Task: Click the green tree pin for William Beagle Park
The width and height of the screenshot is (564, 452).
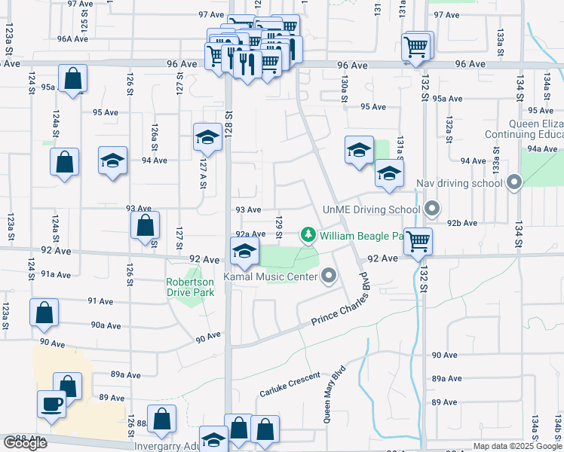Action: (308, 235)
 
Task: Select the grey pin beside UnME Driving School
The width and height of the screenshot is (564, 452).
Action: (432, 208)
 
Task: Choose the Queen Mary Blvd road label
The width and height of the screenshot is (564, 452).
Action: (335, 394)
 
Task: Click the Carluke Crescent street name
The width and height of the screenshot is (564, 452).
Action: (290, 385)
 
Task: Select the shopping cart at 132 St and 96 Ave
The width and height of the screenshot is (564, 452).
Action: (416, 47)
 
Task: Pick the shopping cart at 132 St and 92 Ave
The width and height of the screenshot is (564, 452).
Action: (417, 242)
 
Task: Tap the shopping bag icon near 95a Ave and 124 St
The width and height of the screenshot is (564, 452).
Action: (72, 78)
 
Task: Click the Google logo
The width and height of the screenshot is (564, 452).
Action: (26, 443)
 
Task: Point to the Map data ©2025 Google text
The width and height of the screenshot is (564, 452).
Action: (516, 446)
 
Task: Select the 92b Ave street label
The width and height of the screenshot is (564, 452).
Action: (462, 223)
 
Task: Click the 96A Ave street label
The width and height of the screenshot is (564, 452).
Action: (73, 39)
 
